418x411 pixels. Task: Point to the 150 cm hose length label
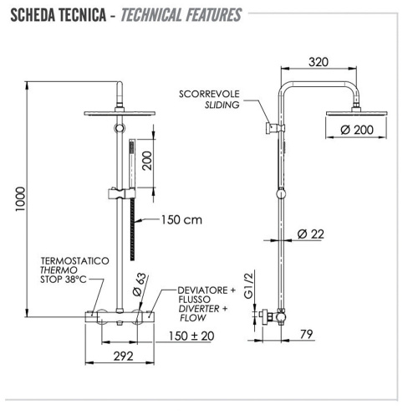point(181,221)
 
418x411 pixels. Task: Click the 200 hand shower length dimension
point(147,155)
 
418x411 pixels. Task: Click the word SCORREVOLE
point(207,93)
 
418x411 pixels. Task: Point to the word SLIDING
point(224,105)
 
